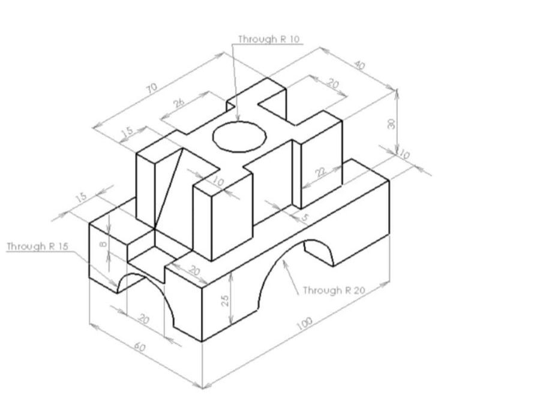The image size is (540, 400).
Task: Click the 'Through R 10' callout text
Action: coord(269,40)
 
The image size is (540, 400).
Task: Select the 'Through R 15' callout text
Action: coord(37,246)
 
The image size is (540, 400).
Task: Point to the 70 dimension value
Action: coord(151,88)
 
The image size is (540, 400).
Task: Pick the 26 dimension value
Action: coord(179,103)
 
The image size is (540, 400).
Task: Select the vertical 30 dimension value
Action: coord(391,124)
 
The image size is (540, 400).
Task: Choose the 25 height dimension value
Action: coord(226,299)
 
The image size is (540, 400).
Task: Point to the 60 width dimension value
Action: coord(139,347)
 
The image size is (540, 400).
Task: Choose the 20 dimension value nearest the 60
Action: coord(143,319)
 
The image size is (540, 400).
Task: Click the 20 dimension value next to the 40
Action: coord(334,84)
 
